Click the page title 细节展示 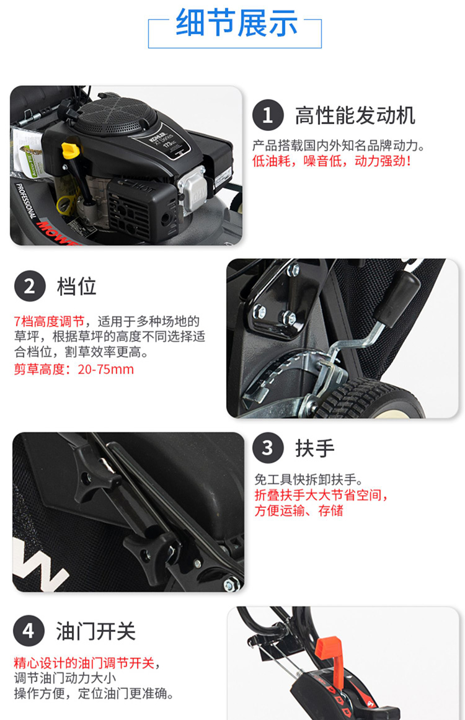point(236,23)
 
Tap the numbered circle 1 point(268,115)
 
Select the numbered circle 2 point(30,286)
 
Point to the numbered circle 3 point(268,448)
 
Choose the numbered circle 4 point(29,631)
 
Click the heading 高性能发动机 point(355,115)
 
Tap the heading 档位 point(77,286)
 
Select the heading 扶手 point(315,448)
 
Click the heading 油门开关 point(96,631)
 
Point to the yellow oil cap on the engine point(69,150)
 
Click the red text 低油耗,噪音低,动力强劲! point(332,161)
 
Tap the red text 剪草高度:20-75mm point(74,369)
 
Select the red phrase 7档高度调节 point(49,321)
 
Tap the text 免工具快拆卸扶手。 point(309,480)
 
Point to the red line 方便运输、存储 point(299,510)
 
